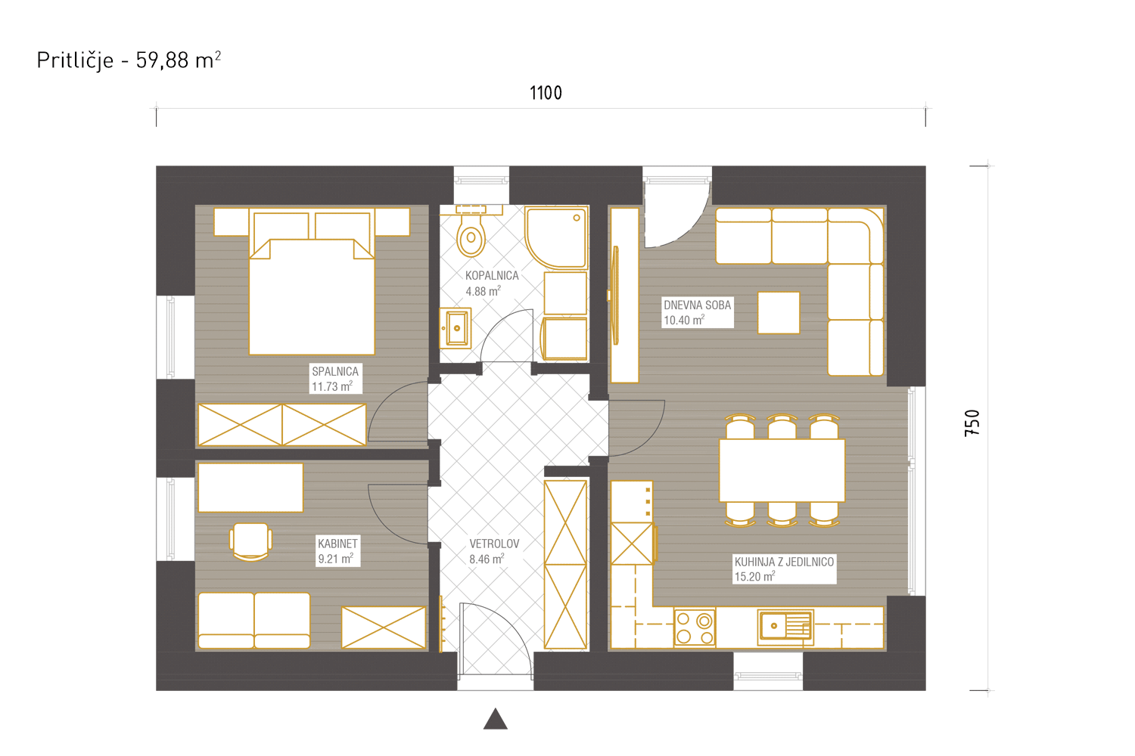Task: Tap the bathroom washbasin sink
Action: click(x=455, y=328)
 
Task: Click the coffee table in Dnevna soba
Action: click(x=779, y=312)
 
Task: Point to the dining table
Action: click(x=782, y=470)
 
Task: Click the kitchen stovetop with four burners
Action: click(x=694, y=628)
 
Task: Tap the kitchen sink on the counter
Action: click(x=785, y=627)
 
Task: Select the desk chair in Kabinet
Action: click(x=250, y=542)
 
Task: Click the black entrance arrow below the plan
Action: click(x=495, y=718)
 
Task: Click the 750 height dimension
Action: click(x=972, y=423)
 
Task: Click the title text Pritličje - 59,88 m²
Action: click(x=129, y=60)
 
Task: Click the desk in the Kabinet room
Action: click(x=250, y=488)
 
